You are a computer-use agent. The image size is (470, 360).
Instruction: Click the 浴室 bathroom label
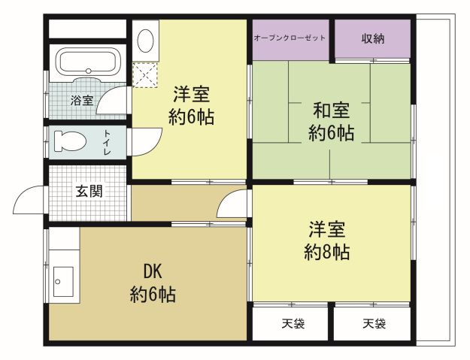coord(82,100)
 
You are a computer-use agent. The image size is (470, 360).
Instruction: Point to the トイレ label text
coord(106,141)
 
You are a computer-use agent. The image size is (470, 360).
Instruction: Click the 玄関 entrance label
coord(89,191)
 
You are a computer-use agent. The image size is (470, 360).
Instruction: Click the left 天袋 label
coord(292,324)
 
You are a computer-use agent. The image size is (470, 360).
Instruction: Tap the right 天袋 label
coord(374,324)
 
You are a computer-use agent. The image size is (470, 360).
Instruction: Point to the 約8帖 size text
coord(327,252)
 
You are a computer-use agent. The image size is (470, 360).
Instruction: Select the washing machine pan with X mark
coord(144,74)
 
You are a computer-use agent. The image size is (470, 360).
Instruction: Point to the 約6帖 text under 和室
coord(331,134)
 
